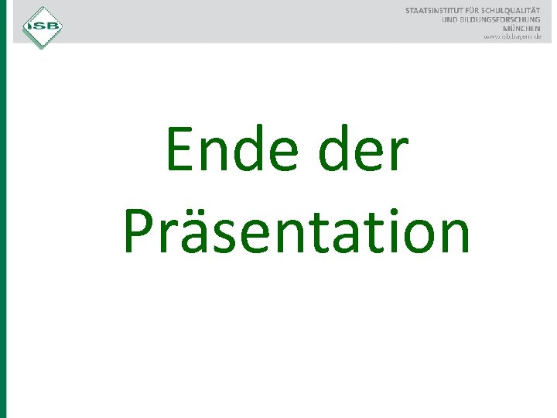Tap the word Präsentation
(x=296, y=232)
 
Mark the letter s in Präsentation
(x=230, y=235)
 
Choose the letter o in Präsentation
(x=410, y=235)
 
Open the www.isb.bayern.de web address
(x=512, y=36)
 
